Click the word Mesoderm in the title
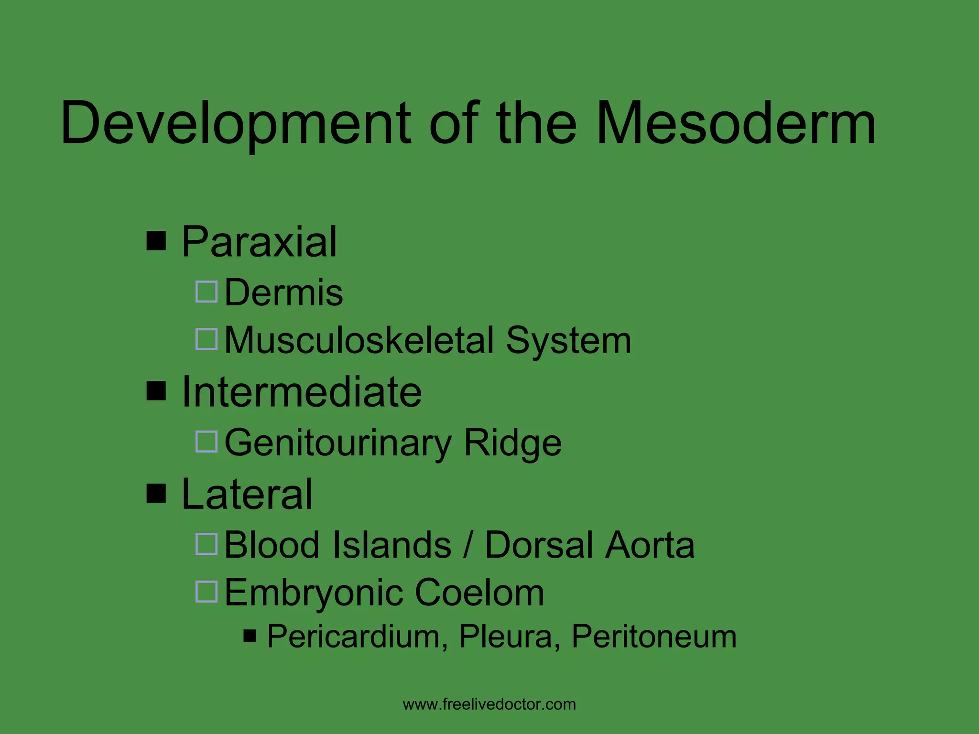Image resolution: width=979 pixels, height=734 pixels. click(x=736, y=123)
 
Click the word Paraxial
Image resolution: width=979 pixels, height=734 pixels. click(x=260, y=242)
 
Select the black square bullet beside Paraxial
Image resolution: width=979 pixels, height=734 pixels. click(x=156, y=241)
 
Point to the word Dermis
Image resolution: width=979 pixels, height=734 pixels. click(x=283, y=292)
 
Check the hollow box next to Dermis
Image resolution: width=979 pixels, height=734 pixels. click(x=207, y=291)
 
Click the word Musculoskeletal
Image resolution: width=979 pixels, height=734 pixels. click(x=359, y=340)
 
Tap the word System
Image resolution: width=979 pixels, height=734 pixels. click(x=568, y=340)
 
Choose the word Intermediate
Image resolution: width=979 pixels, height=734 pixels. click(x=302, y=392)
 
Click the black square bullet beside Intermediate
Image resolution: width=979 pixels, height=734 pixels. click(x=156, y=391)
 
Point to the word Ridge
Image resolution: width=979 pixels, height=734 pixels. click(x=512, y=443)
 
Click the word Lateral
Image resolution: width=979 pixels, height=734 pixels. click(x=247, y=494)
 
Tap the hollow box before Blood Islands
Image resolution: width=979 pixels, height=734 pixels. click(x=207, y=544)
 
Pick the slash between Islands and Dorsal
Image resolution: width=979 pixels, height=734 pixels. click(x=468, y=545)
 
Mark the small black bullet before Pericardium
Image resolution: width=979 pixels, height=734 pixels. click(x=250, y=636)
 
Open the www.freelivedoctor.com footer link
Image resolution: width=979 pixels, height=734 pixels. click(x=489, y=704)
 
